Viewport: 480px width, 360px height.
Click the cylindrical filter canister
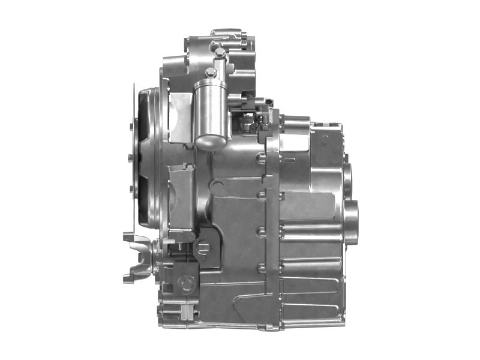coord(211,114)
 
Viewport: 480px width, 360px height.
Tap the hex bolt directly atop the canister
coord(211,73)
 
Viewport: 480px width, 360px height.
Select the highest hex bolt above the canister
coord(220,53)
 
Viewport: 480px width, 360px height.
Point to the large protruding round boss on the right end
coord(351,222)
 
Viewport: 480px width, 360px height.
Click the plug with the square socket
coord(203,247)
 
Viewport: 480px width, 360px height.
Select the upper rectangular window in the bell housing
coord(180,117)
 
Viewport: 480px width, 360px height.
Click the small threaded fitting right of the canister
coord(246,124)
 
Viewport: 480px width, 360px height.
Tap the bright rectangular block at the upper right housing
coord(295,141)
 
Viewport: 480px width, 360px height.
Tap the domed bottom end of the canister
coord(211,142)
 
